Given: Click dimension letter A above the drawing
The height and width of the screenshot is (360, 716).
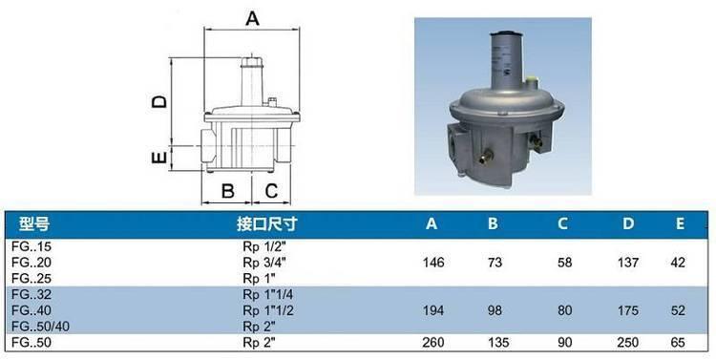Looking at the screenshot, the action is (x=252, y=19).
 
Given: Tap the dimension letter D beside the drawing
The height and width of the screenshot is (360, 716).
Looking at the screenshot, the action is (x=159, y=101).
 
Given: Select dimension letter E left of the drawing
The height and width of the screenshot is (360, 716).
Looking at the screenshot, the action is (x=158, y=158).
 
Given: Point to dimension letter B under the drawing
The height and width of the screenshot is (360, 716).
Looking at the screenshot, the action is (x=227, y=191).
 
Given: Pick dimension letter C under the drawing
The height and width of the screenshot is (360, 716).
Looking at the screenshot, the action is (x=271, y=191).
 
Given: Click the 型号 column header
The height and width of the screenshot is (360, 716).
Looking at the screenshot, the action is (x=33, y=223).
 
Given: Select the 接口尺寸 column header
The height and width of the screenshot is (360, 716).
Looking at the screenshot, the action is (x=266, y=223).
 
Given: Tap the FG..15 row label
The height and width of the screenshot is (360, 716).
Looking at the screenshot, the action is (x=32, y=246).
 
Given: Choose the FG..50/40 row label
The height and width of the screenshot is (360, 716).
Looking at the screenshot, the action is (x=41, y=327).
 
